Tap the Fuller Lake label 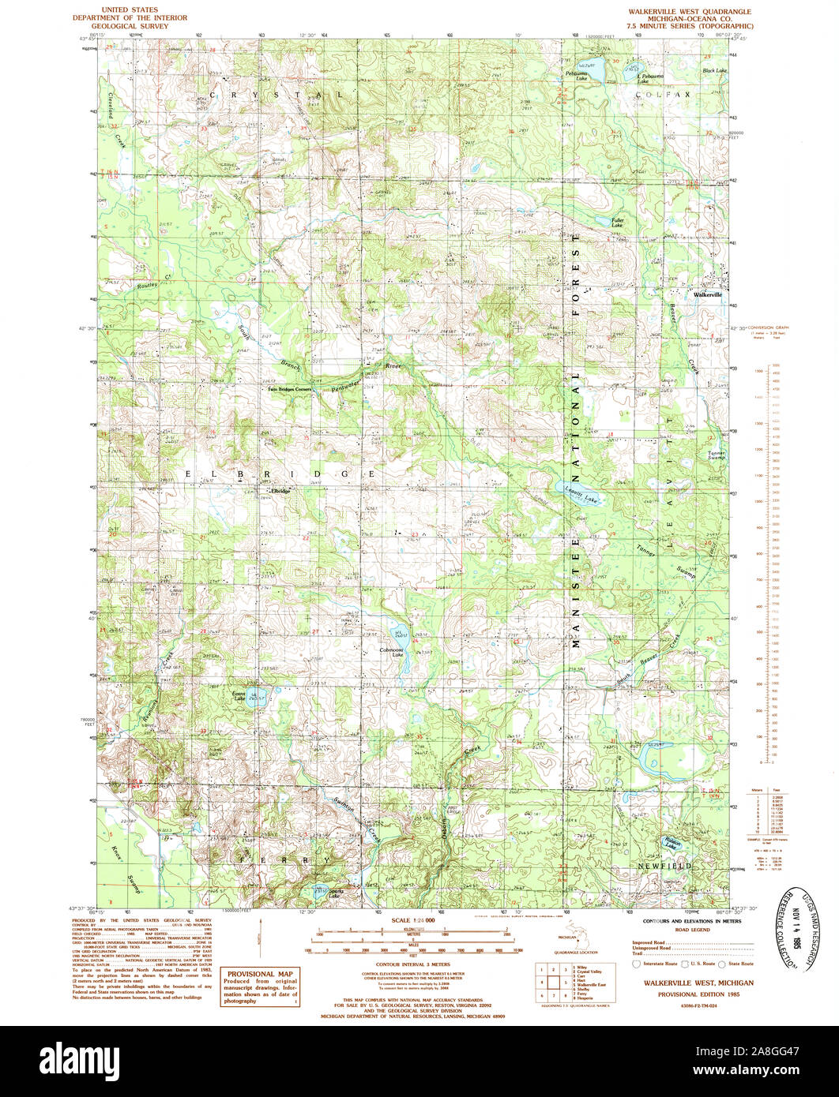[x=618, y=223]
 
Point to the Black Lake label [x=714, y=70]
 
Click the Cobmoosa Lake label [x=392, y=652]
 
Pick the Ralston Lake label [x=671, y=844]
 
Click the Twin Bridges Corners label [x=290, y=389]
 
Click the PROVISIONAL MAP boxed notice [x=259, y=986]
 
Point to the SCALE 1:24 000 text [x=413, y=921]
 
